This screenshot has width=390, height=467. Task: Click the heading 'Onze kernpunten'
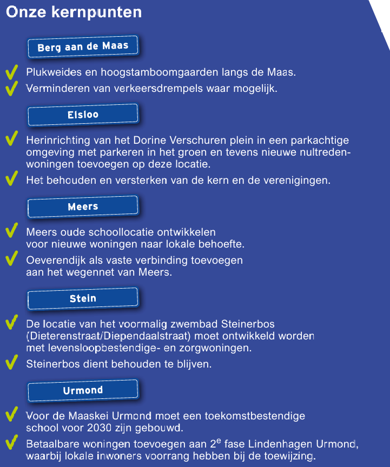[x=74, y=12]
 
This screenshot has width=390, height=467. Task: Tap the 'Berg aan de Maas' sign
[x=83, y=47]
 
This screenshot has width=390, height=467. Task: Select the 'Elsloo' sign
[x=83, y=115]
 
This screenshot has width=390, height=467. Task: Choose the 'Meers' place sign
[x=83, y=206]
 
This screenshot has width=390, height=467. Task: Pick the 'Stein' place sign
[x=83, y=298]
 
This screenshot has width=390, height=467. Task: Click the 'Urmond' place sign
[x=83, y=390]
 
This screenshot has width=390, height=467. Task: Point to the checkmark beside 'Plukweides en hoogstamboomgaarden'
[x=11, y=72]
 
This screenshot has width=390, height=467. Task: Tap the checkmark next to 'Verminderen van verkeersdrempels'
[x=11, y=88]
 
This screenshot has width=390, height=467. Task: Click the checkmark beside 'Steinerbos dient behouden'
[x=11, y=363]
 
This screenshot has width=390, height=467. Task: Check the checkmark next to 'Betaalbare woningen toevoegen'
[x=11, y=443]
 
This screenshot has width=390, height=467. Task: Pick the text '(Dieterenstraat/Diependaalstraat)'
[x=110, y=336]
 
